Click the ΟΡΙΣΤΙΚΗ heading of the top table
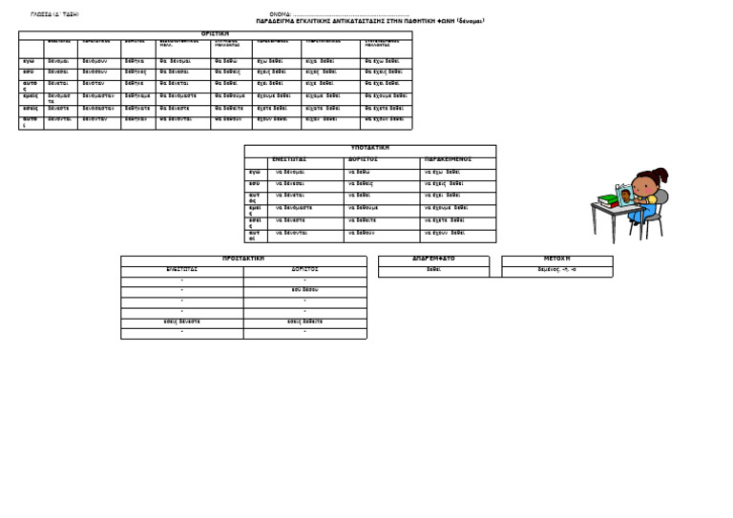point(216,33)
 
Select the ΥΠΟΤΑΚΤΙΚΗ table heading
point(370,148)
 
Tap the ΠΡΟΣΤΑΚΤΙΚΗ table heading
point(242,259)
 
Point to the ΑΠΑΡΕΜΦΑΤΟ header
point(433,259)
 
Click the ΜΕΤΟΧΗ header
point(557,259)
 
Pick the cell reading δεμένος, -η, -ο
point(557,270)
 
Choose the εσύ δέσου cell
point(304,288)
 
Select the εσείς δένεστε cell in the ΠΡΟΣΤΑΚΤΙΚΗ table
point(181,321)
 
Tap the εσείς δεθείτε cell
point(304,321)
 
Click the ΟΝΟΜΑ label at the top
point(279,14)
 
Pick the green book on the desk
point(608,199)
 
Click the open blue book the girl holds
point(622,197)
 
